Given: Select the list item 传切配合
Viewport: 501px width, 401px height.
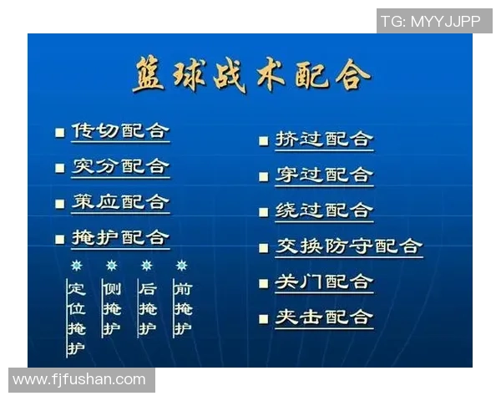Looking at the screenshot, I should (119, 131).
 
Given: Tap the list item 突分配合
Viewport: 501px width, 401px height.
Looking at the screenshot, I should (119, 166).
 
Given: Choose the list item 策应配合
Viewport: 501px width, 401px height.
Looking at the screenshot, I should (119, 202).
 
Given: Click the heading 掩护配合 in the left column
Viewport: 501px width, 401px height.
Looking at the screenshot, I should (119, 238).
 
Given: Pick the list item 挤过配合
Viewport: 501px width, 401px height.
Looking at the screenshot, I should (324, 140).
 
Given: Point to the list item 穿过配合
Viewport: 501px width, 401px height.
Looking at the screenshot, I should (324, 175).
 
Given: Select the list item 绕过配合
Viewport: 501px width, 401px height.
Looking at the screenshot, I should (324, 211).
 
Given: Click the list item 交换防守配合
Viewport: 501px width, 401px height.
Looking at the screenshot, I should (349, 246).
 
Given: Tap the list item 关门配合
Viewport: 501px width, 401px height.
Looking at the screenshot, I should (324, 282).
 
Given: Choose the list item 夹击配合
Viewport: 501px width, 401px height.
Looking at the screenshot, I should (324, 317).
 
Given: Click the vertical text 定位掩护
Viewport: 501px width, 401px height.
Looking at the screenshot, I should (76, 318).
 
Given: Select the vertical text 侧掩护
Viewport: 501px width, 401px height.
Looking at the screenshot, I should (111, 309).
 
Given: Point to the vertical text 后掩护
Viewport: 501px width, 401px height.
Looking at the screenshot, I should (147, 309).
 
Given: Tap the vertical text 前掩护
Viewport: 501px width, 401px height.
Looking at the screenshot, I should (182, 309).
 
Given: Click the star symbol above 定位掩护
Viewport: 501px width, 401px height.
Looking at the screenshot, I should (76, 266).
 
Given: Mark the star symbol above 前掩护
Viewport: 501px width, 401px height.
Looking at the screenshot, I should (182, 266).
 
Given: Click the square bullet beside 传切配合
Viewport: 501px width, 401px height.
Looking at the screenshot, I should (59, 133).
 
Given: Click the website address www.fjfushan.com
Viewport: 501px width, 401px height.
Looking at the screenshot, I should (80, 379).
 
